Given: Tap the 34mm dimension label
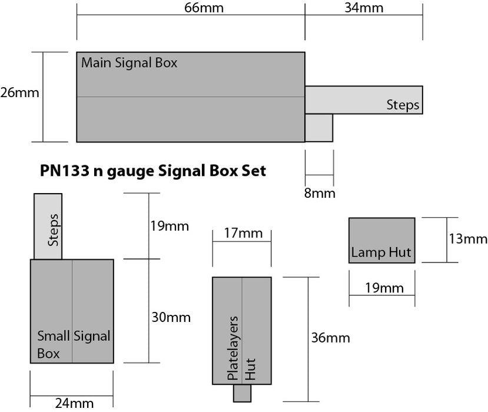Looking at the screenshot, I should (364, 8).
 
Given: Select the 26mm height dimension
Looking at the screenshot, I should (19, 93).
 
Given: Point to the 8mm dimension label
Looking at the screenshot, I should (319, 193).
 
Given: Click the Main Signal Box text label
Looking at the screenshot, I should (129, 63).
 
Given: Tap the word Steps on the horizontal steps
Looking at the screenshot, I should (403, 105).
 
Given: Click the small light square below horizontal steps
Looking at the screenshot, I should (318, 127).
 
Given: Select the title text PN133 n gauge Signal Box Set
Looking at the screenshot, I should (153, 171).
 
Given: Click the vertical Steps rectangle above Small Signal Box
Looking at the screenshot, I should (48, 226).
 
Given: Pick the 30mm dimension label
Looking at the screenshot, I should (171, 318).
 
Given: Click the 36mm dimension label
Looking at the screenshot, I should (331, 338).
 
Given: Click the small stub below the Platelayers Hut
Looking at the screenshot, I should (241, 393).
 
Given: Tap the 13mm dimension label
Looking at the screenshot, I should (468, 240).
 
